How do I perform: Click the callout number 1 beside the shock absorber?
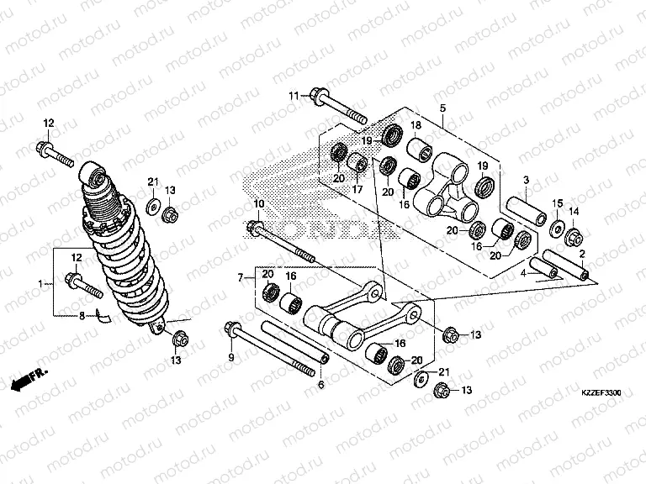pos(40,285)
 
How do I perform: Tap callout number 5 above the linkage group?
pos(441,108)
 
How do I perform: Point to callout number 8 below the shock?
pos(82,317)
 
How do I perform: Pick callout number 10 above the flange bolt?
pos(258,203)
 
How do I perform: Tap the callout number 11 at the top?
pos(294,95)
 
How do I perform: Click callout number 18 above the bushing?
pos(415,126)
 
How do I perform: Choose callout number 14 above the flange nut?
pos(575,211)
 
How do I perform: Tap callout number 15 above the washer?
pos(557,204)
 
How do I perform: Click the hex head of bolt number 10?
pos(257,228)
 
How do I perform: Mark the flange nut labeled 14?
pos(572,235)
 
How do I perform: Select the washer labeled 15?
pos(557,228)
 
